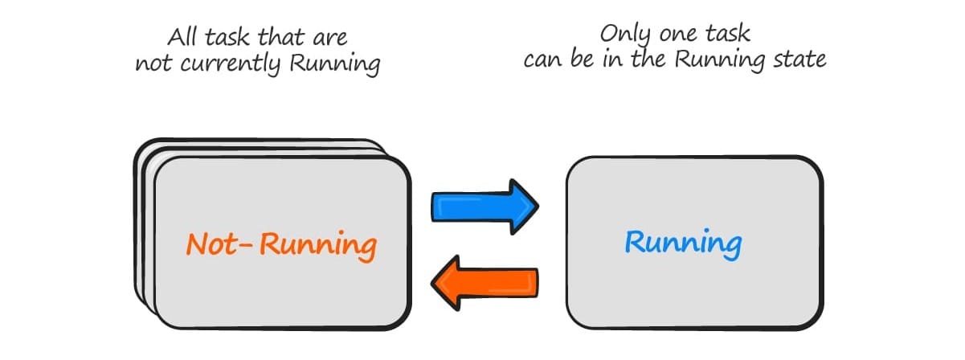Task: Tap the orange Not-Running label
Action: (x=281, y=243)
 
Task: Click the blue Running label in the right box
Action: (x=684, y=243)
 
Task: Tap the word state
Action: (x=800, y=60)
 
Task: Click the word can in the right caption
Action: (x=542, y=60)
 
